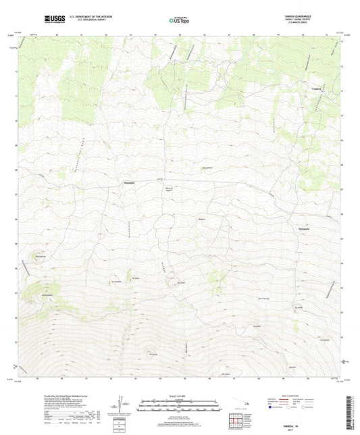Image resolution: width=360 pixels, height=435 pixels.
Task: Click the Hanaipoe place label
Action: click(x=130, y=182)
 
